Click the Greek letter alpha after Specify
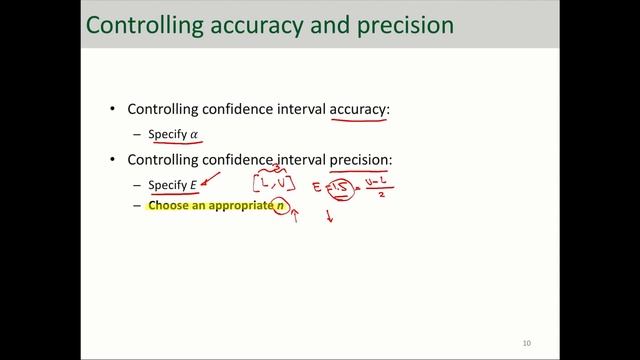(x=195, y=134)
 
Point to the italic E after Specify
(x=194, y=184)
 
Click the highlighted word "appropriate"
(x=235, y=205)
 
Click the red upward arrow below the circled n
(x=295, y=216)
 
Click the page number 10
(x=526, y=343)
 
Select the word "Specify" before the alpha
(x=167, y=134)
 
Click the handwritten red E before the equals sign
(x=317, y=186)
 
